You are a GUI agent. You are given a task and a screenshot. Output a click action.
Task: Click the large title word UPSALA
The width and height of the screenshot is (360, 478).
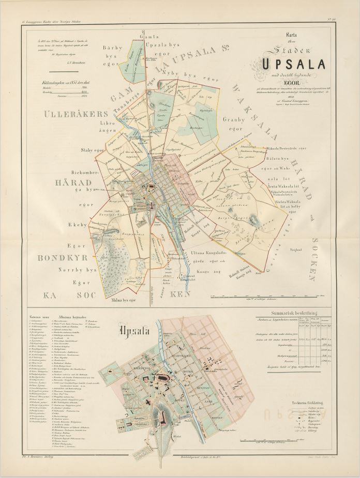point(294,64)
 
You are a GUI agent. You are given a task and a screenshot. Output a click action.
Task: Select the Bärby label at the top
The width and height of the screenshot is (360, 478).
point(113,48)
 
